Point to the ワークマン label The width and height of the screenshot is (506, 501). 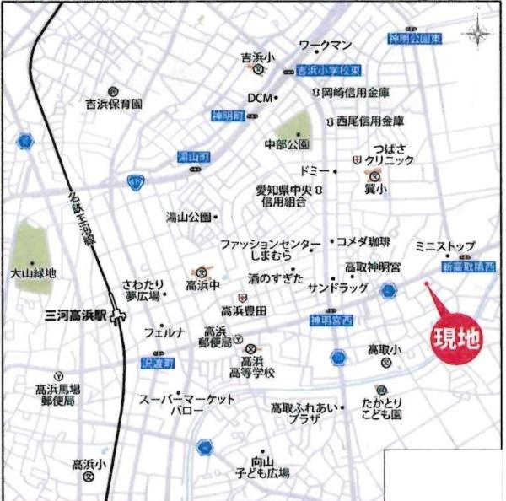click(326, 45)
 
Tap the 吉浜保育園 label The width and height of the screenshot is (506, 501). click(114, 104)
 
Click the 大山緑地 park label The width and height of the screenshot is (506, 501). click(33, 273)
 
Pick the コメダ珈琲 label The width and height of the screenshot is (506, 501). click(364, 242)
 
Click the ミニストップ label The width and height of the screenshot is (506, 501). click(445, 246)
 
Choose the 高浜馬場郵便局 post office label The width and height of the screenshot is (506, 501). click(57, 395)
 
